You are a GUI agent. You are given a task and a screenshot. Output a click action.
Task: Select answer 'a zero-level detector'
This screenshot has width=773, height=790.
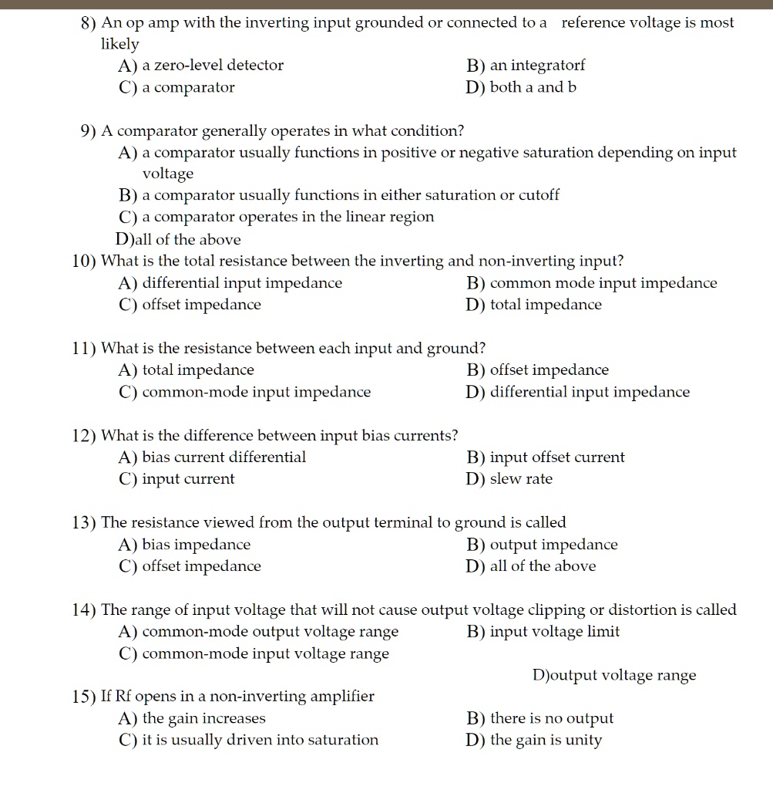(213, 66)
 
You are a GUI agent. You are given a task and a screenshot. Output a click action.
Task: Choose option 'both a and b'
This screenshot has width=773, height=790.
(533, 87)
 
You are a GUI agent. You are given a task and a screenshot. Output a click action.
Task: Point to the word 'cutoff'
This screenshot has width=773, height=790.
(539, 195)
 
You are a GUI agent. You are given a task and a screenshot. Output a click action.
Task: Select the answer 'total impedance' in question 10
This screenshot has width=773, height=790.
(546, 305)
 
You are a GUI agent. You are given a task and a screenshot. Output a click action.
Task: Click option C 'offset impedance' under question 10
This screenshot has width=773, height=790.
(201, 305)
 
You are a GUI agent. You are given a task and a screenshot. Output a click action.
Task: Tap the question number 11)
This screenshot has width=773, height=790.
(85, 349)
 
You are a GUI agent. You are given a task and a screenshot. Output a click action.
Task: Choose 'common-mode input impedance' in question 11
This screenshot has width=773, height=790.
(257, 392)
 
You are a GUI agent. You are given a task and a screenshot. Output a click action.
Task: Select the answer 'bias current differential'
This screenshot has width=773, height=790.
(223, 457)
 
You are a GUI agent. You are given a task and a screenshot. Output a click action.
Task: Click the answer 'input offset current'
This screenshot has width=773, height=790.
(557, 457)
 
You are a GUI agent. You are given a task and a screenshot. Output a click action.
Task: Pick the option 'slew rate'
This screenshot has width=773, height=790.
(521, 479)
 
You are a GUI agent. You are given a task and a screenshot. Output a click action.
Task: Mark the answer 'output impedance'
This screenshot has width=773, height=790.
(553, 545)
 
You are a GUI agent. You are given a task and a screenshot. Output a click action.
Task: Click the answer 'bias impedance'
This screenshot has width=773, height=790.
(197, 545)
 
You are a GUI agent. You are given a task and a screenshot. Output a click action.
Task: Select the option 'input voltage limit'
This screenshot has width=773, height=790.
(554, 632)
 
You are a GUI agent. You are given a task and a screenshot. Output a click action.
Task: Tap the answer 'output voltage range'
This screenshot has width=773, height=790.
(623, 676)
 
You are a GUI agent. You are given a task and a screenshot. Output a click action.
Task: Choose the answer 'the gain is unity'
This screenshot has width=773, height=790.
(546, 741)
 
